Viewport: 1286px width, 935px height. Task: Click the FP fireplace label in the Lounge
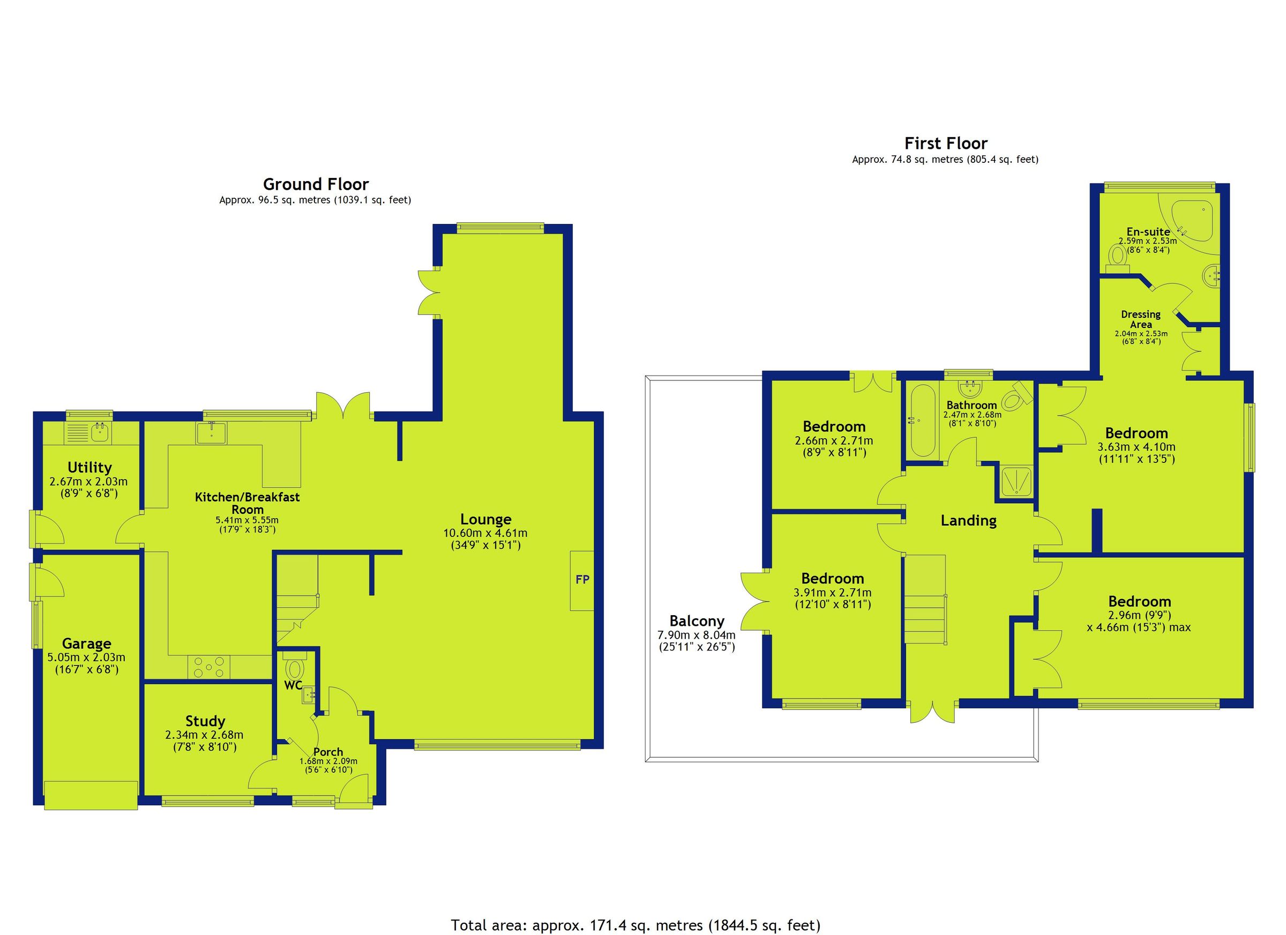point(582,579)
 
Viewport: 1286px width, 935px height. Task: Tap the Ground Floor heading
point(316,184)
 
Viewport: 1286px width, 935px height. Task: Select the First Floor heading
point(946,143)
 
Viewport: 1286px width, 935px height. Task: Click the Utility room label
point(89,468)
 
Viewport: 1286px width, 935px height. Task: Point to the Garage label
point(87,644)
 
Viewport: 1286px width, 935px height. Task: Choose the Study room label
point(205,721)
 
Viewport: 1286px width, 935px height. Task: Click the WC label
point(293,685)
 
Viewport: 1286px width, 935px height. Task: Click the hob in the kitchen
point(210,666)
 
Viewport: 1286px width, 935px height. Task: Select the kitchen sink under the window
point(212,432)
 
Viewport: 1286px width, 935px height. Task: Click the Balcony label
point(697,621)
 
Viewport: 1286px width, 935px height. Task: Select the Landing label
point(968,520)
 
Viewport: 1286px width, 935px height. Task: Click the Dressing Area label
point(1141,319)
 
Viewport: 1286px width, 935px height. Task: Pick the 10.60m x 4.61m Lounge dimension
point(485,533)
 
